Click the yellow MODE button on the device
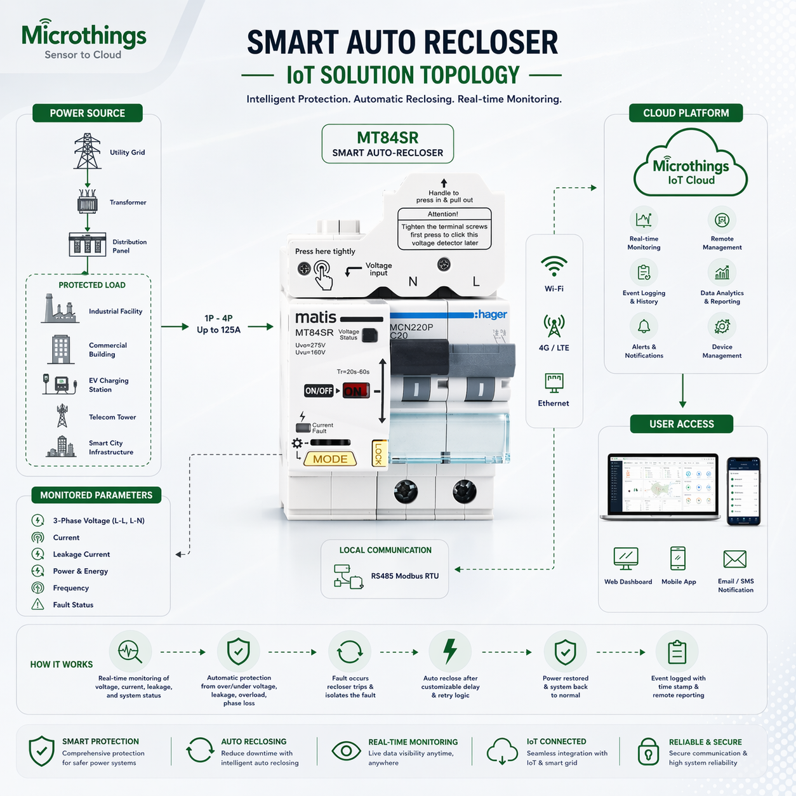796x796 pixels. click(330, 459)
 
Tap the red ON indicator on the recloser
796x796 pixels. click(355, 391)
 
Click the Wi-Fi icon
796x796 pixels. click(554, 266)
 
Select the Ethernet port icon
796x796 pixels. click(554, 383)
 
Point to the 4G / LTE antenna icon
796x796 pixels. click(554, 326)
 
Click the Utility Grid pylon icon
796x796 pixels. click(88, 151)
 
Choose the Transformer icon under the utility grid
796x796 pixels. click(88, 202)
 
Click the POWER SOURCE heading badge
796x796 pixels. click(88, 113)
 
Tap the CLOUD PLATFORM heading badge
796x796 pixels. click(686, 113)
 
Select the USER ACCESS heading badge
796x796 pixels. click(681, 424)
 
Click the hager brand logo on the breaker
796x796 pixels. click(491, 315)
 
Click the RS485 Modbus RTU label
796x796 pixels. click(404, 576)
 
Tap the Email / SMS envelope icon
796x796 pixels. click(734, 559)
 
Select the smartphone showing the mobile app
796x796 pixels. click(743, 491)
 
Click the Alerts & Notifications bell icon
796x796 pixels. click(644, 327)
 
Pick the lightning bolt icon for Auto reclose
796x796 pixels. click(450, 651)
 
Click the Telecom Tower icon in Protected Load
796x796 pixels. click(62, 416)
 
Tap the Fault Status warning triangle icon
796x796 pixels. click(38, 604)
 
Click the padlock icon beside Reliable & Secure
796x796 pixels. click(648, 752)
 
